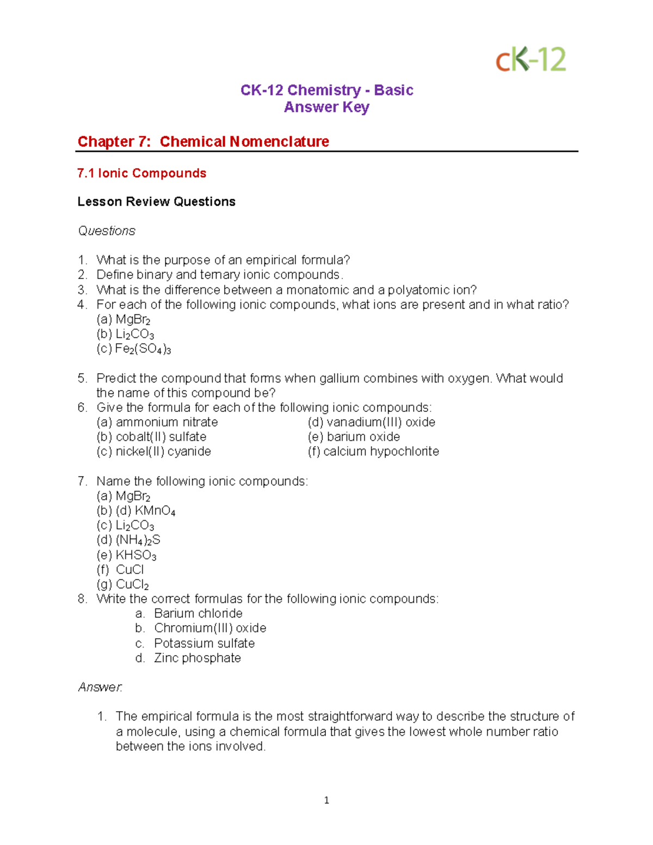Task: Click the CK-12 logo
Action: click(x=531, y=59)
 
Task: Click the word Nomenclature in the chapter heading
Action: click(x=279, y=141)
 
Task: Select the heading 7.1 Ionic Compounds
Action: click(x=141, y=173)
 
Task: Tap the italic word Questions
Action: click(x=107, y=231)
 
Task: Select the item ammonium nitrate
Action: click(x=167, y=422)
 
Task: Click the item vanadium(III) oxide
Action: click(x=381, y=422)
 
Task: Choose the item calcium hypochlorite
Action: click(x=381, y=452)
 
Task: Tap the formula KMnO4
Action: click(x=155, y=511)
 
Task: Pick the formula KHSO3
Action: click(x=136, y=555)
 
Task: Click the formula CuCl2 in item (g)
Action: click(x=132, y=584)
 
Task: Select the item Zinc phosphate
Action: click(x=197, y=658)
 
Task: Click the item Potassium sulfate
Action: click(x=204, y=643)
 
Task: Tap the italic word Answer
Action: click(x=100, y=687)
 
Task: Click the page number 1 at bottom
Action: click(x=326, y=800)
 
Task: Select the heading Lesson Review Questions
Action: click(x=156, y=202)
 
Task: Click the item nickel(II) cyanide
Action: click(x=163, y=452)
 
